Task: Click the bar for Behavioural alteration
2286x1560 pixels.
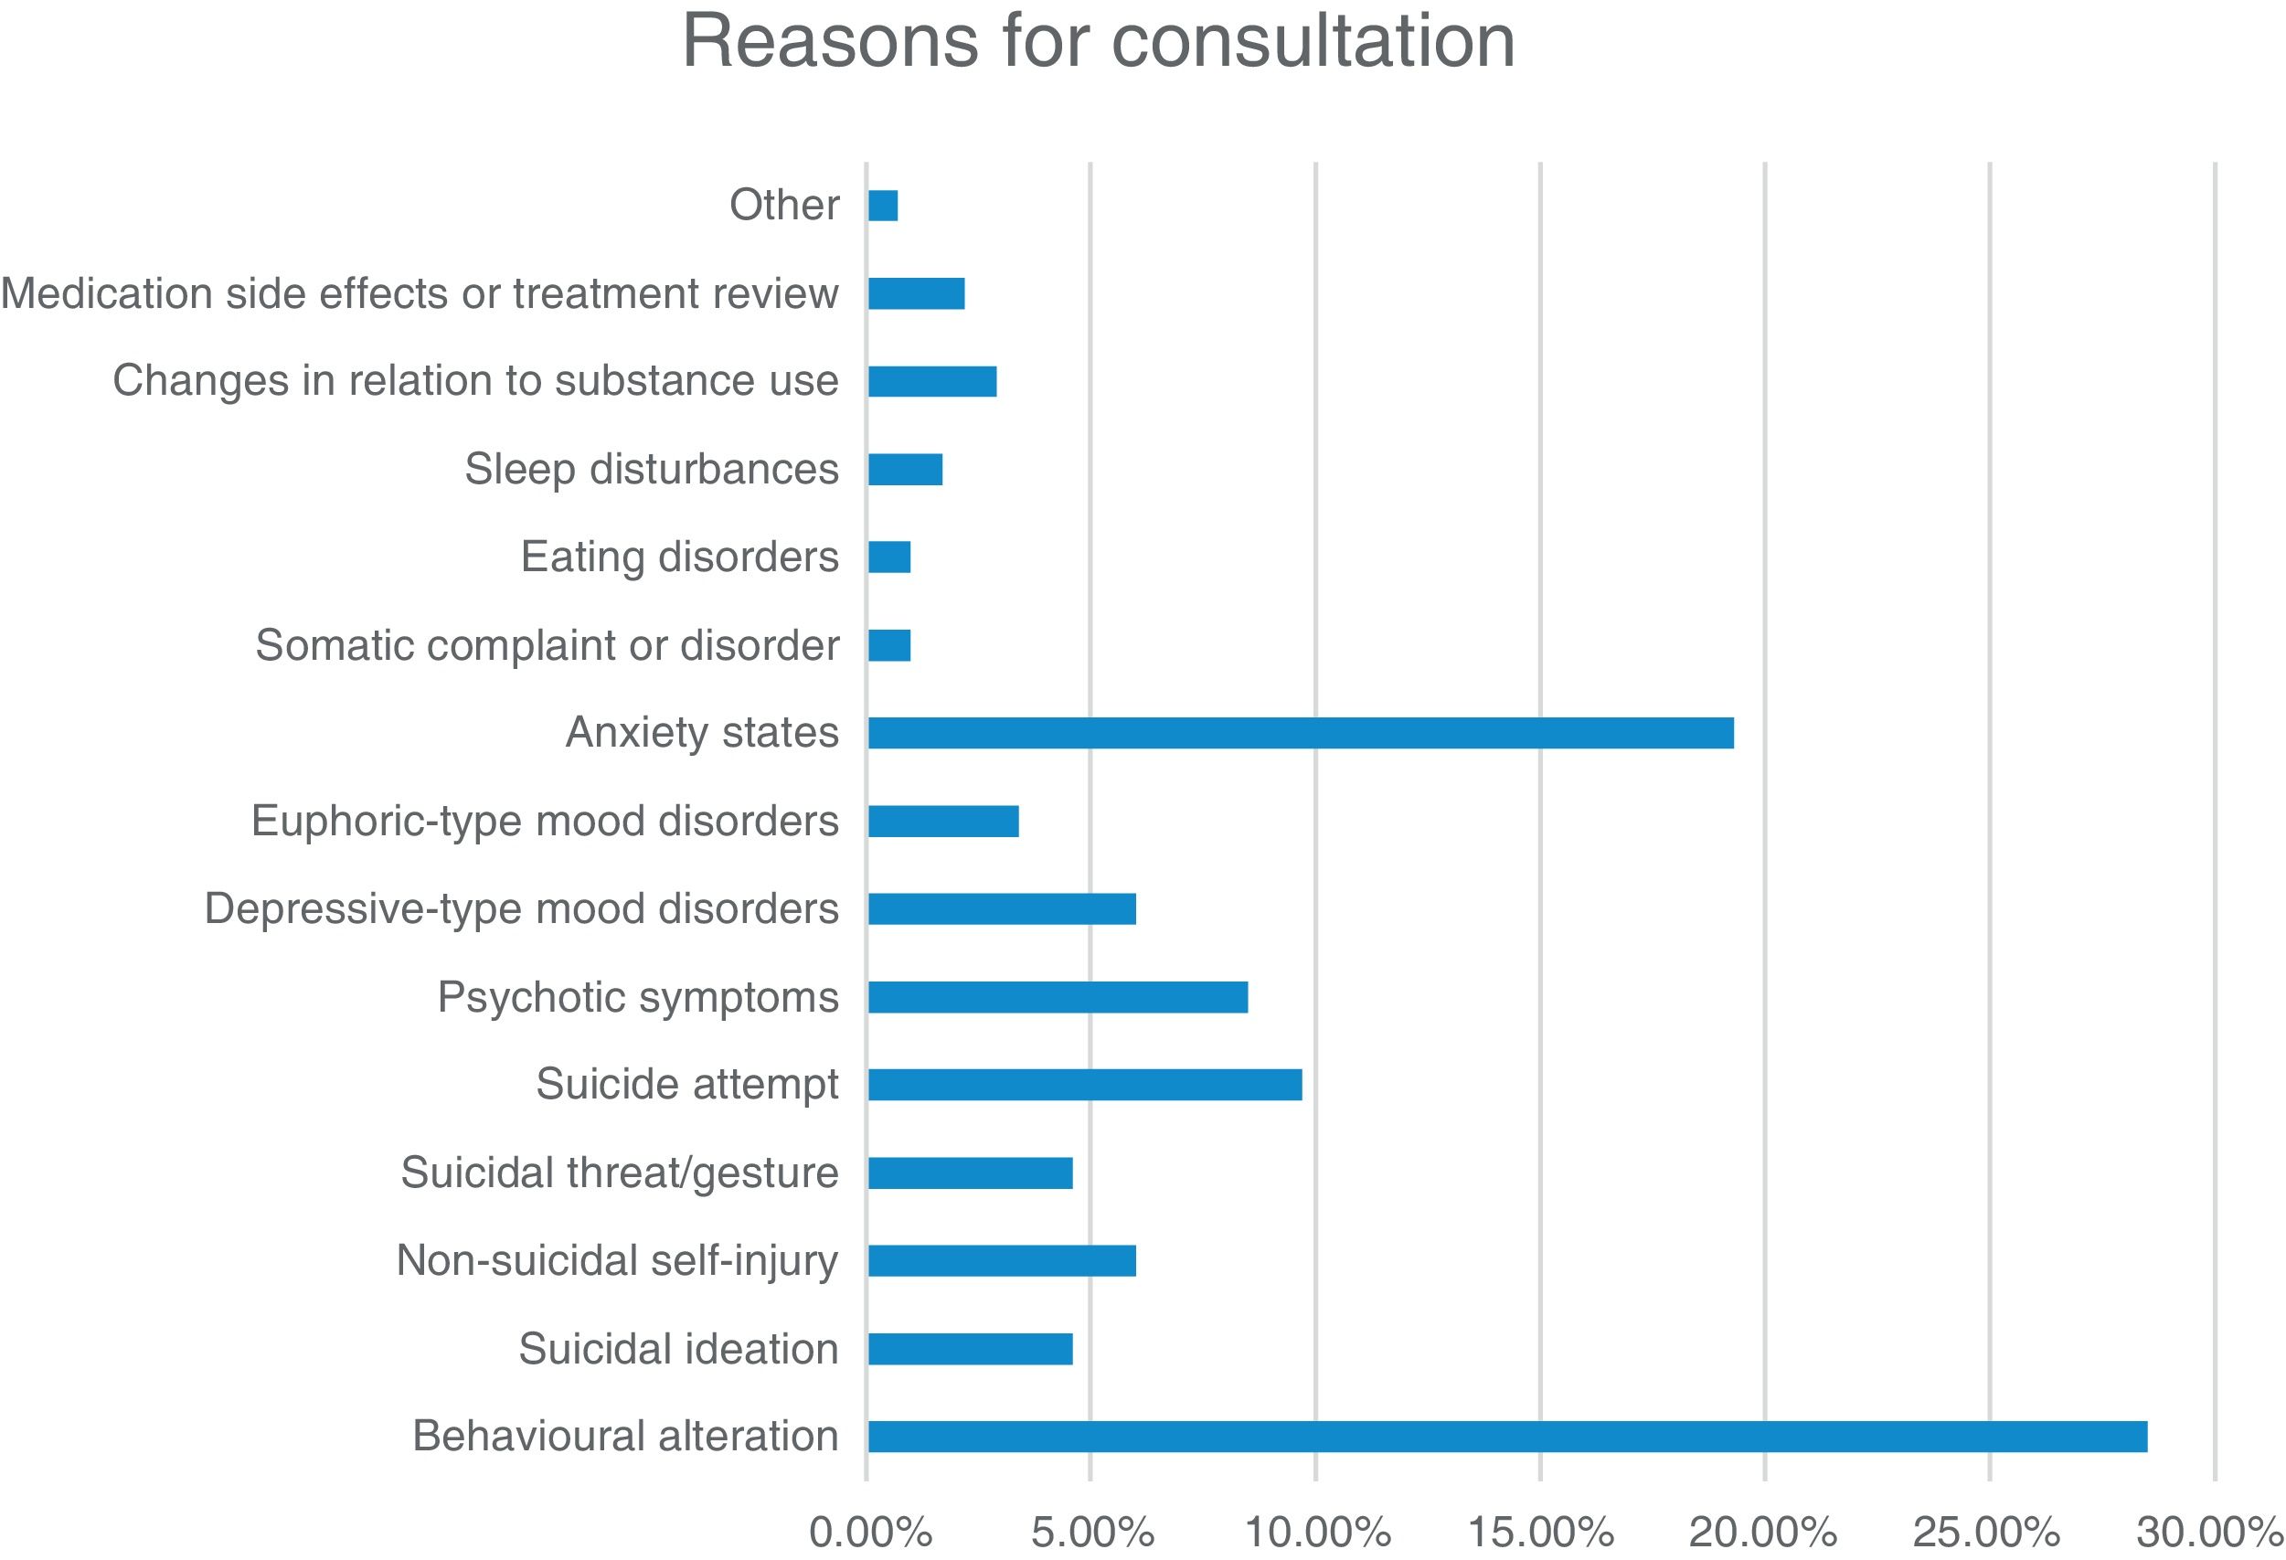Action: [x=1507, y=1436]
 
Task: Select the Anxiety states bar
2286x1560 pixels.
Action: [x=1301, y=733]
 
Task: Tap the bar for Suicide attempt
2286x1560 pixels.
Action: [x=1084, y=1084]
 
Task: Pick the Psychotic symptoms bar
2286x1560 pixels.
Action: [x=1058, y=996]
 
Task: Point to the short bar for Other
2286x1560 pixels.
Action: [x=882, y=206]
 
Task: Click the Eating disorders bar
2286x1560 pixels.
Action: [x=889, y=557]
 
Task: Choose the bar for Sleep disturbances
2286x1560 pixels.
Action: [x=905, y=469]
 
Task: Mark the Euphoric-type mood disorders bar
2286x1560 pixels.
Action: [x=942, y=821]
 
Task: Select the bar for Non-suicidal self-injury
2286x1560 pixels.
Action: [x=1002, y=1260]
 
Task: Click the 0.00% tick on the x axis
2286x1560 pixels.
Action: [x=869, y=1532]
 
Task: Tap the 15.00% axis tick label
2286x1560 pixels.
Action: [x=1540, y=1532]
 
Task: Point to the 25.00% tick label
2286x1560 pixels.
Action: [x=1986, y=1532]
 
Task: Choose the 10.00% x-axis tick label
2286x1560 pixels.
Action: [x=1317, y=1532]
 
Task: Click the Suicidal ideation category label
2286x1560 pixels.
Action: [x=679, y=1348]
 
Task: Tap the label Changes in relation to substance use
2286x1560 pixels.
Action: [x=475, y=381]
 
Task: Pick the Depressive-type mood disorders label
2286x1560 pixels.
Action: [x=521, y=907]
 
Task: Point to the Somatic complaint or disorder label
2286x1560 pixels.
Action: [x=547, y=645]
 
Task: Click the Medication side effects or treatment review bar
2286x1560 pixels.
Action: [x=916, y=293]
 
